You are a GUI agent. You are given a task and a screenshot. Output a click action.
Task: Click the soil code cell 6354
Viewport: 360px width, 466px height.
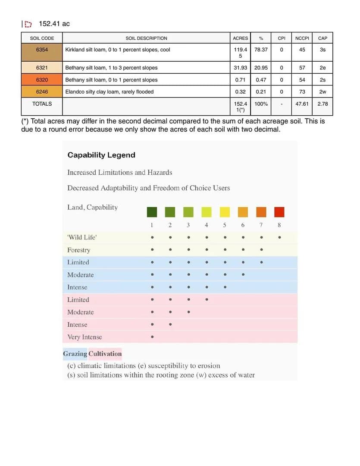[42, 50]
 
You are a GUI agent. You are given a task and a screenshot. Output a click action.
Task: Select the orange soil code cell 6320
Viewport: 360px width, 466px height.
[42, 80]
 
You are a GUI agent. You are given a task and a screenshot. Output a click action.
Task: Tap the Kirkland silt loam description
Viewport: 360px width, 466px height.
[117, 50]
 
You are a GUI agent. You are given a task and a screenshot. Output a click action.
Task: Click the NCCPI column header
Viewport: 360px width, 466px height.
[302, 38]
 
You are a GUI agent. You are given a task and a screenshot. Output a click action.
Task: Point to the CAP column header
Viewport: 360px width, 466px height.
[322, 38]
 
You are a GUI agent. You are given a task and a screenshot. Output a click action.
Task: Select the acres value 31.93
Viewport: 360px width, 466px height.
[240, 68]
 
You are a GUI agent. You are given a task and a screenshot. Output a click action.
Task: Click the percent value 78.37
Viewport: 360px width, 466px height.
[261, 50]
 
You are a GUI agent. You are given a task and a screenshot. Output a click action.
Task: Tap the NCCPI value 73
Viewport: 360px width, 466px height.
[302, 91]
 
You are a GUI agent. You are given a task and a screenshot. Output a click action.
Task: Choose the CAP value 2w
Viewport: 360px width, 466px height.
[322, 91]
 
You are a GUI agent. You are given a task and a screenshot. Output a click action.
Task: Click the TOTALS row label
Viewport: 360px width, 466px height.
[42, 104]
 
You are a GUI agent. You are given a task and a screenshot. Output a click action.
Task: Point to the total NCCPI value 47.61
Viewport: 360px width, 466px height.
[302, 104]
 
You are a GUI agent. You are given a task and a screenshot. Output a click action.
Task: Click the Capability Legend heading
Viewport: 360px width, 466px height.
[101, 155]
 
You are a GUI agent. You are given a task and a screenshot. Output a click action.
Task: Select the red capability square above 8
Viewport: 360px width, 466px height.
[279, 212]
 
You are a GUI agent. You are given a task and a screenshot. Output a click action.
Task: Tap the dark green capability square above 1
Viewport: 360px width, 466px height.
[152, 212]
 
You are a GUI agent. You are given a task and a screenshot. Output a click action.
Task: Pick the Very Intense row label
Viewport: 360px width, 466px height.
[85, 337]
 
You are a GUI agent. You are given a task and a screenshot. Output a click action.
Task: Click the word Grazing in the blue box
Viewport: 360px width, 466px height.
[75, 354]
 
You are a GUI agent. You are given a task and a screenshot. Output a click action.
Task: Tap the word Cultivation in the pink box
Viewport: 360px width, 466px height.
[105, 354]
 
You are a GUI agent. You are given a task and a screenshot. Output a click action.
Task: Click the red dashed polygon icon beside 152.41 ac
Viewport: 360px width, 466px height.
[28, 24]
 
